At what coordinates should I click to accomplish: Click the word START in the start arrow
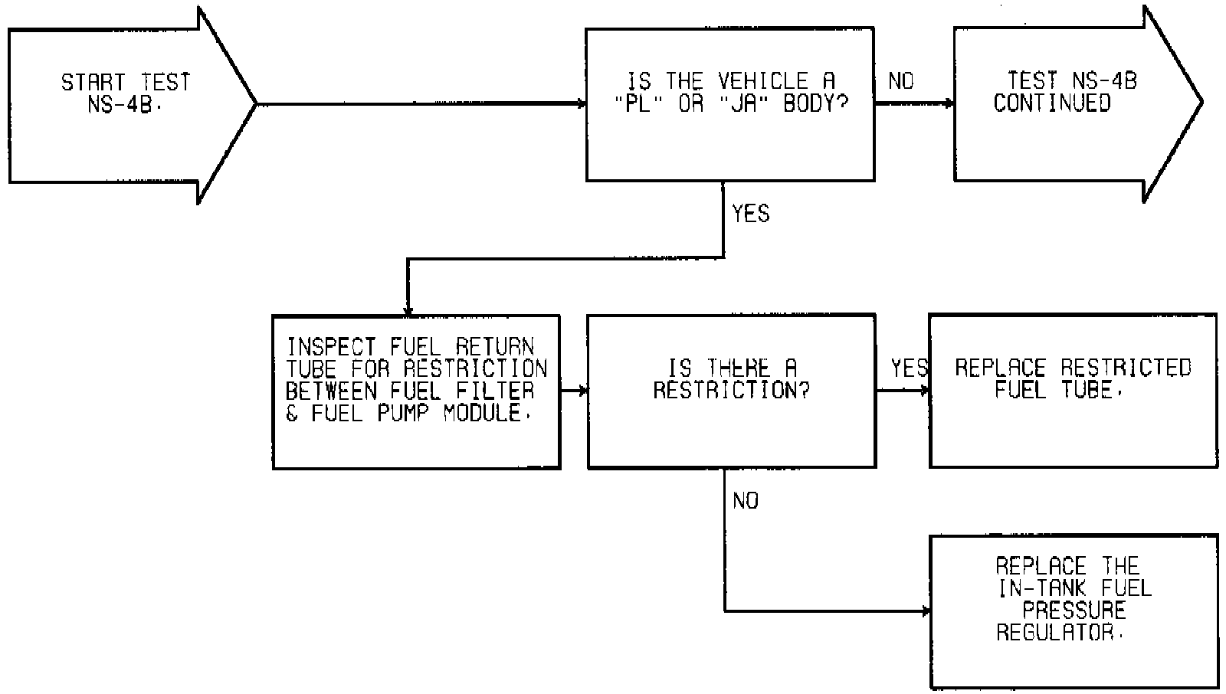point(93,82)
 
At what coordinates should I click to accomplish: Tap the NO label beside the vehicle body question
point(901,81)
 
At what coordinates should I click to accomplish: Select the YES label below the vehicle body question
point(751,214)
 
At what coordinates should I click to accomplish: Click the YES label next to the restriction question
point(910,368)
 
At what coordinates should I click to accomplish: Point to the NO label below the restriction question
point(746,501)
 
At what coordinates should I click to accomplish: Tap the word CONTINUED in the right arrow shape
point(1052,103)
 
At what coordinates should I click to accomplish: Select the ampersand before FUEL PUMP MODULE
point(292,414)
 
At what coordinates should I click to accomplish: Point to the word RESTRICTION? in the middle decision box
point(731,391)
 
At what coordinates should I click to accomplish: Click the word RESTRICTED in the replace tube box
point(1126,368)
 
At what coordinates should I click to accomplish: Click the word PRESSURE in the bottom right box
point(1074,611)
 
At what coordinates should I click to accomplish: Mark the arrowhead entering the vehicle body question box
point(582,103)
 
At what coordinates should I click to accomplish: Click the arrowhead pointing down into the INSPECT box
point(408,310)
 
